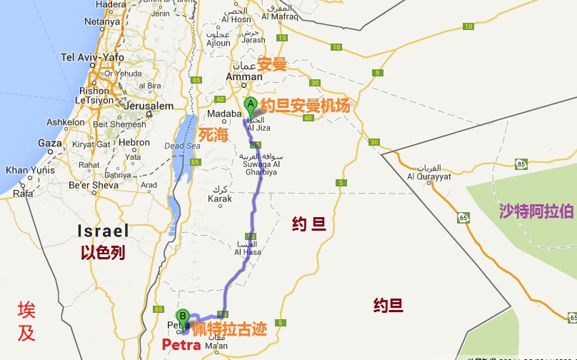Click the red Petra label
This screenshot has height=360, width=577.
181,345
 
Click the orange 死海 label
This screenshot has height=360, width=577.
213,134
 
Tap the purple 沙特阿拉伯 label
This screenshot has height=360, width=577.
536,211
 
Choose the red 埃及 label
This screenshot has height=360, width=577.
26,321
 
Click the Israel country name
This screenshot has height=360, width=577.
104,230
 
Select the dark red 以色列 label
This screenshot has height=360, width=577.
103,252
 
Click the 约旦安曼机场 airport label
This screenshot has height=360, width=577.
305,106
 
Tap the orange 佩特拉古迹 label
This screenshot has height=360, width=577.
229,329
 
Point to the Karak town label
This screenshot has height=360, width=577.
219,199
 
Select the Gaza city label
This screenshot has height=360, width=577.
50,143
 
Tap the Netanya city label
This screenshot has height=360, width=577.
101,21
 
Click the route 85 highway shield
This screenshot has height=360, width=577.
521,165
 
